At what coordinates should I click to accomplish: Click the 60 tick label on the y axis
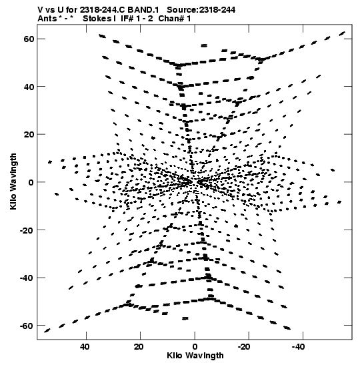coord(29,39)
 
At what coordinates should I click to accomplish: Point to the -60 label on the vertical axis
coord(27,326)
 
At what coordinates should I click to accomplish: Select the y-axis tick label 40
coord(29,87)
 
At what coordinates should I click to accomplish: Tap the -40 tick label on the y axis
coord(27,278)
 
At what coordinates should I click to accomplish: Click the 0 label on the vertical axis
coord(31,182)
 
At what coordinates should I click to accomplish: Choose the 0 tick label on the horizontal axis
coord(195,347)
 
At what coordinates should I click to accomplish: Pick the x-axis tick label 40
coord(85,347)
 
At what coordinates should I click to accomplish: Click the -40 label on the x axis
coord(298,347)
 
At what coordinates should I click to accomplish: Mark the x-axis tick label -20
coord(244,347)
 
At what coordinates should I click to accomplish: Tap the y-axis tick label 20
coord(29,135)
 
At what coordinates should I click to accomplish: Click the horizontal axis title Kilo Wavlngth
coord(195,356)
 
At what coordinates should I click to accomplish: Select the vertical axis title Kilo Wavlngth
coord(13,181)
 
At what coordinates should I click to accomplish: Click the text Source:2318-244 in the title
coord(201,10)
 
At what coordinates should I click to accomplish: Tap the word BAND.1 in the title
coord(143,10)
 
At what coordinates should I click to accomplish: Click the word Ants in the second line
coord(47,19)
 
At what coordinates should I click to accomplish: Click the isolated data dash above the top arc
coord(204,45)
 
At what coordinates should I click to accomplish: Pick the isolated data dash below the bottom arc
coord(185,318)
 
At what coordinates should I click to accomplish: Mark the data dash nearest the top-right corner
coord(341,33)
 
